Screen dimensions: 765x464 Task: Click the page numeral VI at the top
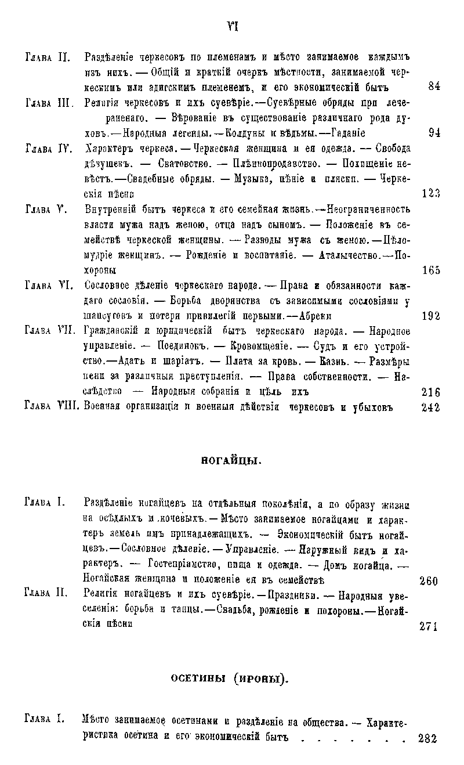click(x=233, y=27)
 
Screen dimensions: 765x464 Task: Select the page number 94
click(x=434, y=132)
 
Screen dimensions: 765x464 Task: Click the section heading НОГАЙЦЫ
click(x=232, y=461)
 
